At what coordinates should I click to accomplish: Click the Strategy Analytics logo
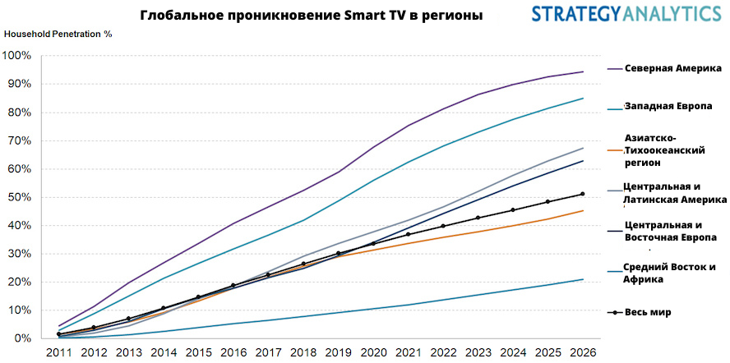tap(626, 14)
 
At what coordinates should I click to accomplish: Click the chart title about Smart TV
tap(312, 16)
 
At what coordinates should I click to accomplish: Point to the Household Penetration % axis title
tap(58, 34)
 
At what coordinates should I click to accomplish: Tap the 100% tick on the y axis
tap(17, 56)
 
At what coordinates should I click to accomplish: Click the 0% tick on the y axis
tap(22, 338)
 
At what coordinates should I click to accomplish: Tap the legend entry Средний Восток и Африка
tap(670, 273)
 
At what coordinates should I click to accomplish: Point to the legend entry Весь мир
tap(648, 312)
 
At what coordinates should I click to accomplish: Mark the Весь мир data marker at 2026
tap(583, 194)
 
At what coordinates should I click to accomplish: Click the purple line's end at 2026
tap(583, 71)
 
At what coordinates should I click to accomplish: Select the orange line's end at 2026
tap(583, 211)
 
